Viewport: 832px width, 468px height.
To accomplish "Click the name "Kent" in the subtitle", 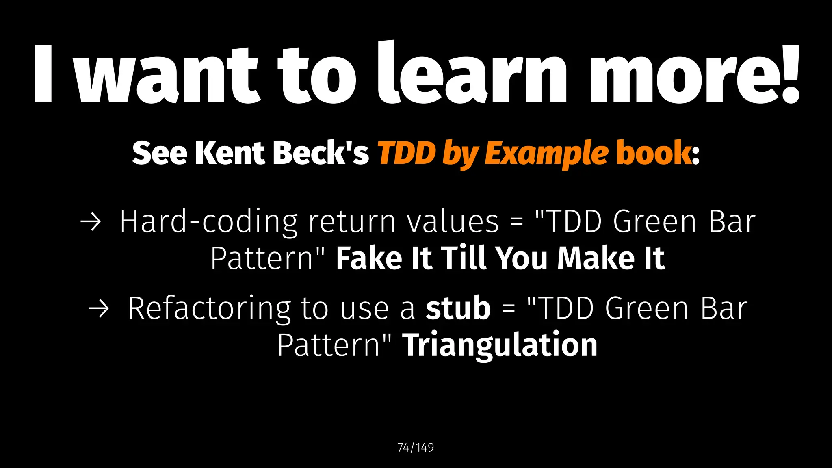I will click(x=230, y=153).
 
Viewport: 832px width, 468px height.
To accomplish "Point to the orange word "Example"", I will click(x=546, y=154).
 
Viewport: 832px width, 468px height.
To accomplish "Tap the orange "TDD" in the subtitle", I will click(x=407, y=153).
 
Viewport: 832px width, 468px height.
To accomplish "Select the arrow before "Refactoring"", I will click(x=99, y=309).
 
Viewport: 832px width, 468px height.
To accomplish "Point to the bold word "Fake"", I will click(x=369, y=258).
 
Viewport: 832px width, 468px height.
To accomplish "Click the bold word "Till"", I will click(x=464, y=258).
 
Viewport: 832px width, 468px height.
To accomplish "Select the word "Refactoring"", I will click(x=209, y=309).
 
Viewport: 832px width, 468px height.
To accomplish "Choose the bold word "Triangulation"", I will click(x=500, y=345).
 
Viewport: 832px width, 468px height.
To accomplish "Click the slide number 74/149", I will click(x=416, y=447).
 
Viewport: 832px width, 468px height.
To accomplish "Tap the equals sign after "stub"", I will click(x=509, y=309).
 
